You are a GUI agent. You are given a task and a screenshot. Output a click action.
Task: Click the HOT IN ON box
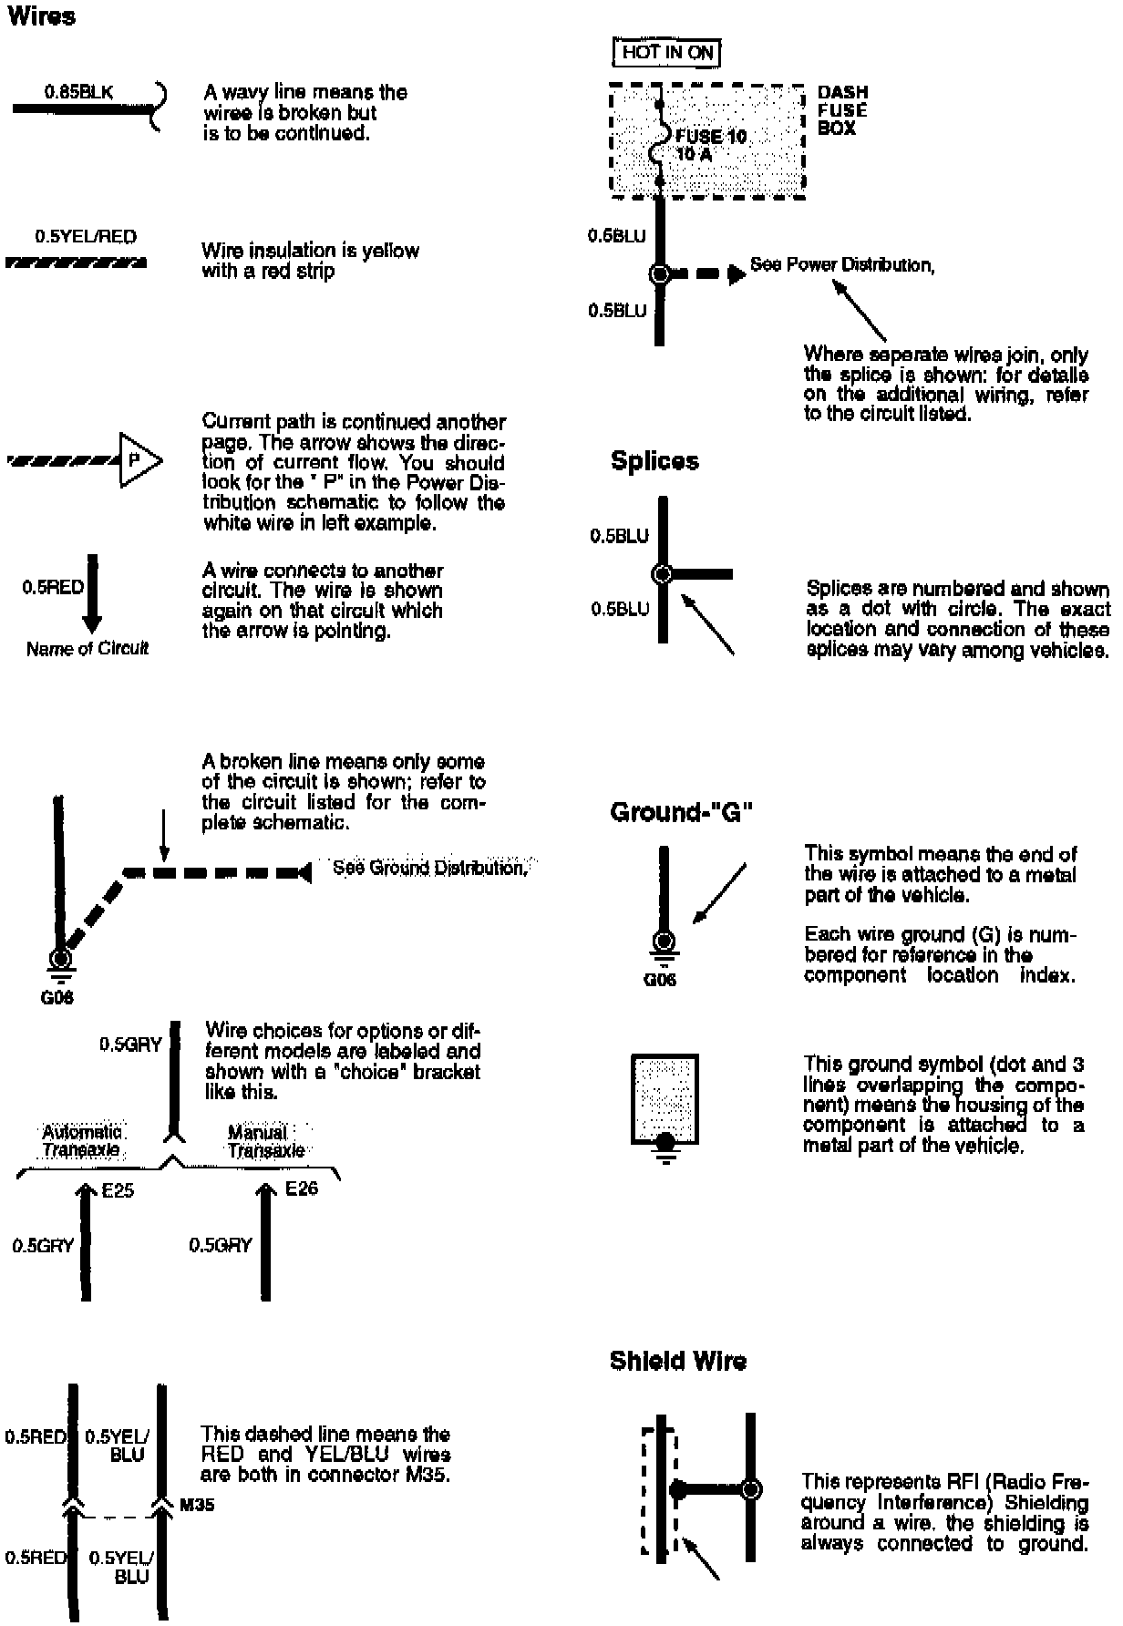pos(667,53)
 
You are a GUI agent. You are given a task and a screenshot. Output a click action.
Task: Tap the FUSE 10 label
pos(711,137)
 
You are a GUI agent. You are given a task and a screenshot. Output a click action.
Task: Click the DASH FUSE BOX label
pos(842,110)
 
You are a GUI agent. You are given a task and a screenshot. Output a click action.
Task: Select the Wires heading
pos(41,16)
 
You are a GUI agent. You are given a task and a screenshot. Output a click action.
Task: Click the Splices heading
pos(654,461)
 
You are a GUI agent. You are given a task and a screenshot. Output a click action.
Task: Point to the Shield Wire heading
pos(677,1361)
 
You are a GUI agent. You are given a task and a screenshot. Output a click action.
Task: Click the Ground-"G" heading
pos(681,812)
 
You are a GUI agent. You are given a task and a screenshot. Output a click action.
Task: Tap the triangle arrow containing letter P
pos(139,460)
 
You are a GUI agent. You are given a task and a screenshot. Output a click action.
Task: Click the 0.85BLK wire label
pos(78,92)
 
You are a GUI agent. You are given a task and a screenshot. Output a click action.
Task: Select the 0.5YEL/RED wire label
pos(86,237)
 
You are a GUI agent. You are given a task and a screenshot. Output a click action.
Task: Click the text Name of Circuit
pos(87,649)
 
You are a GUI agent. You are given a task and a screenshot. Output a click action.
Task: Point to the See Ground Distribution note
pos(429,868)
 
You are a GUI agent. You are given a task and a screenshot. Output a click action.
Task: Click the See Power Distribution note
pos(842,265)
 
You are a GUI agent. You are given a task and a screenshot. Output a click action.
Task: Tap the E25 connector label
pos(118,1191)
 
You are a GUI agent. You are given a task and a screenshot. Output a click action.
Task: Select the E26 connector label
pos(302,1189)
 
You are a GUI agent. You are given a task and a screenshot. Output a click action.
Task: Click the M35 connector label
pos(197,1504)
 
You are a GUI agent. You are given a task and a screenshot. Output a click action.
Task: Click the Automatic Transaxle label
pos(81,1141)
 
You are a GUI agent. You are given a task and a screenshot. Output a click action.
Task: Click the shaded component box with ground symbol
pos(665,1098)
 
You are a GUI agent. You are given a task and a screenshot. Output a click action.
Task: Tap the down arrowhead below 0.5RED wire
pos(91,623)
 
